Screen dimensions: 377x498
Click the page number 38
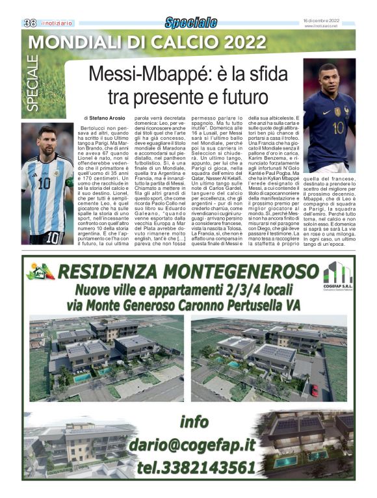pos(30,22)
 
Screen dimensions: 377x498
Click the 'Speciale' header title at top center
pos(190,23)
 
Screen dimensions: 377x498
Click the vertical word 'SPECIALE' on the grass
pos(33,85)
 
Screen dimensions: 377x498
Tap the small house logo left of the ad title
pos(40,272)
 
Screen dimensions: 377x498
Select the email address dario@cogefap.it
pos(191,445)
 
